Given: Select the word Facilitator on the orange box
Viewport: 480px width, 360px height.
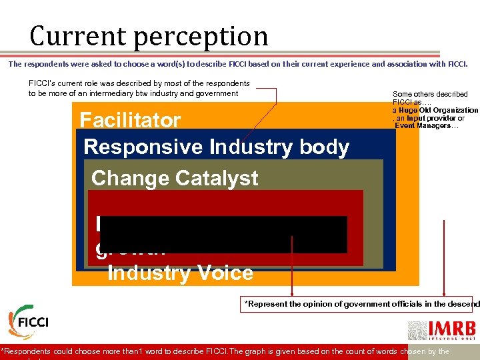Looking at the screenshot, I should tap(130, 120).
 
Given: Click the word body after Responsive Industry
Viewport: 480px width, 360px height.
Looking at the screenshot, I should tap(323, 147).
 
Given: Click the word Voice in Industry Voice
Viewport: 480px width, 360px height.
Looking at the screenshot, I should tap(224, 273).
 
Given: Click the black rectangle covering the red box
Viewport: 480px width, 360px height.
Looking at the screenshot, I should tap(223, 234).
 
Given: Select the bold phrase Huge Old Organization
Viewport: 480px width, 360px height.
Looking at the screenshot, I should tap(438, 110).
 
